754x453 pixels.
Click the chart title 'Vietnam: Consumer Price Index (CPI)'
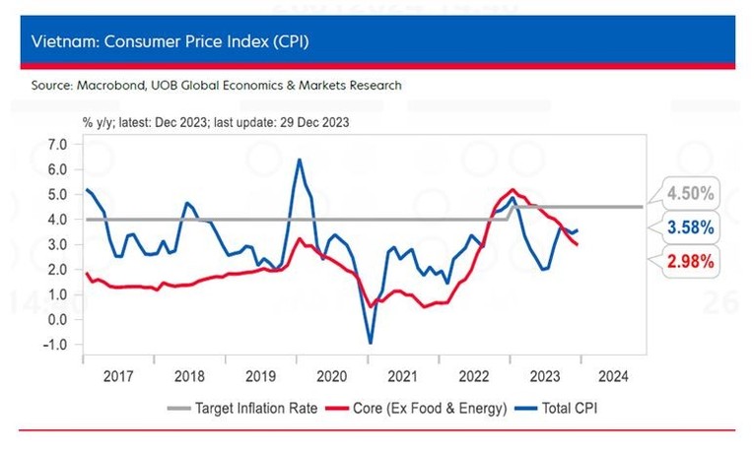point(172,43)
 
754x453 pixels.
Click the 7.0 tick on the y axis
point(56,144)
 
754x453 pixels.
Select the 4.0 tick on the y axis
point(56,220)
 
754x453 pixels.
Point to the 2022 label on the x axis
point(473,375)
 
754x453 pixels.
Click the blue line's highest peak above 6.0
point(300,160)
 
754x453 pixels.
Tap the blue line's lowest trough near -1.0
point(371,343)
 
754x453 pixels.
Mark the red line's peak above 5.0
point(513,189)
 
